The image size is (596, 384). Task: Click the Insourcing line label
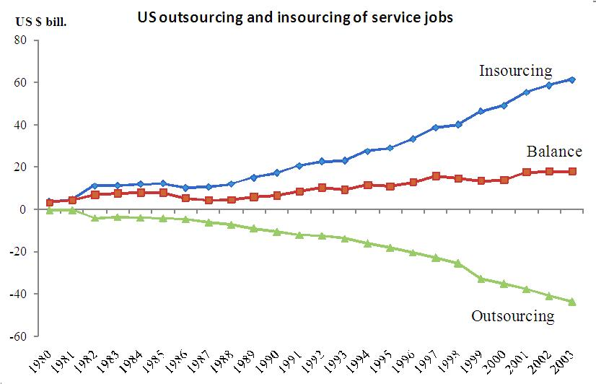point(515,71)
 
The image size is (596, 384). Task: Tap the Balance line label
point(553,152)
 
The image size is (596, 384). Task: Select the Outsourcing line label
point(512,315)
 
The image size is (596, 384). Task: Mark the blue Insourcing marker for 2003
point(572,79)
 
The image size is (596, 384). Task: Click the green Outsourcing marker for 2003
point(572,302)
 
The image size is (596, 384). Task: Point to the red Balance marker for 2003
point(572,171)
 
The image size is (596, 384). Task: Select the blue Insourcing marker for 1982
point(95,186)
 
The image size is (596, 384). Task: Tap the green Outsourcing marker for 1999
point(481,279)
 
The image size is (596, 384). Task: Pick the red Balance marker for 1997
point(435,175)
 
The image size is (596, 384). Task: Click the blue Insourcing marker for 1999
point(481,111)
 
